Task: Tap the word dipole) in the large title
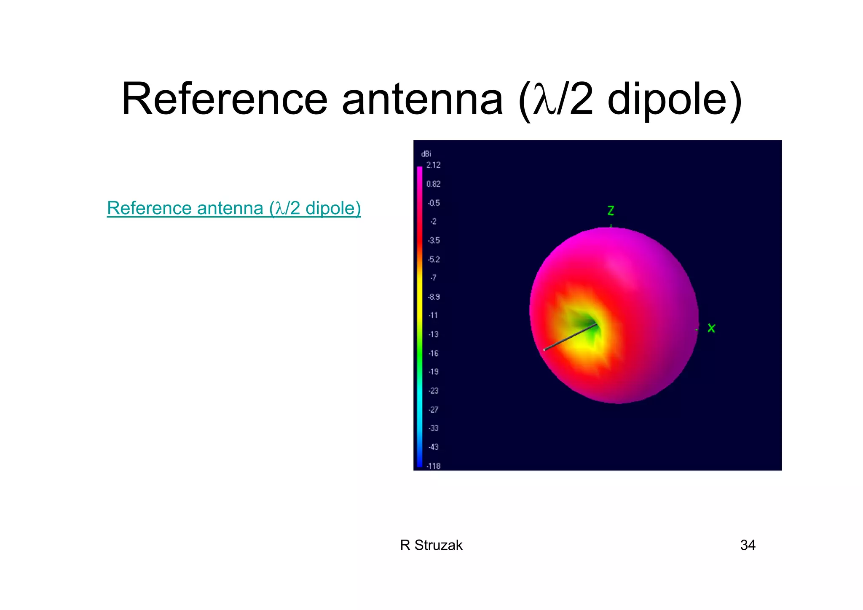674,99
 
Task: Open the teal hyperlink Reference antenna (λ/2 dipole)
234,208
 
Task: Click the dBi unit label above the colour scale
426,154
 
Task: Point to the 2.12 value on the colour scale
433,165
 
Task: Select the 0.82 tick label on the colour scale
433,184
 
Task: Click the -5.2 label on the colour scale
434,259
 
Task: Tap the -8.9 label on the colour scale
434,297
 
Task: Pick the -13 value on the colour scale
433,334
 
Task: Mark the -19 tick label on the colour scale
433,372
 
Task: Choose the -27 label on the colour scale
433,409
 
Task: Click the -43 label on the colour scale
433,447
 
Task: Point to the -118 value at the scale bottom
433,466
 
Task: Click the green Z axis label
611,210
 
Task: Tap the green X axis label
711,328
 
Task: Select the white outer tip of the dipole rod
544,349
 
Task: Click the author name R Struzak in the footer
431,545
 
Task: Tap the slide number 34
748,545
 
